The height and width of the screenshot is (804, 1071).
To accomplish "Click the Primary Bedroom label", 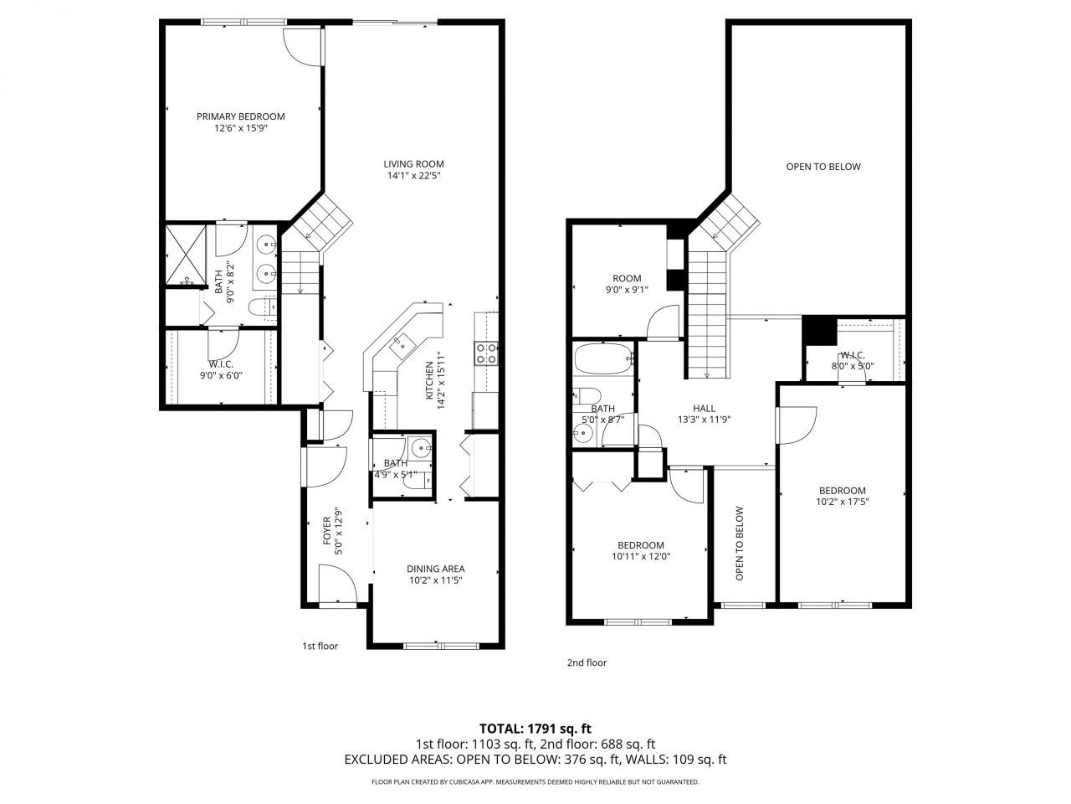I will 240,116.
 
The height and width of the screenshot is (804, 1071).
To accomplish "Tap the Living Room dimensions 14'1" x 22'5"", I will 413,176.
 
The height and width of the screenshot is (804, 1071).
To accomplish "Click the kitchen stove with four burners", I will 486,353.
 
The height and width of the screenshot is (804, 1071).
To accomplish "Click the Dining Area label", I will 436,569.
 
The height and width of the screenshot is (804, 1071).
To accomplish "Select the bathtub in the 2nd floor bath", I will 602,361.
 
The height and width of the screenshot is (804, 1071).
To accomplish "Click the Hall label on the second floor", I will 704,408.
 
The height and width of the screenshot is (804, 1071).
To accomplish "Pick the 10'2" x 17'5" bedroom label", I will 842,491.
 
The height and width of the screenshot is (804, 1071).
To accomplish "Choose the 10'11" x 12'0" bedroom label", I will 641,545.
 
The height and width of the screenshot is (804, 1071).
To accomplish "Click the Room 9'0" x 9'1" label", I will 627,279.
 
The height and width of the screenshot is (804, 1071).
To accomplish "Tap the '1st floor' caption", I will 320,646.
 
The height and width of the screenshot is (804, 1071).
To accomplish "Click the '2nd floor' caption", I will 587,662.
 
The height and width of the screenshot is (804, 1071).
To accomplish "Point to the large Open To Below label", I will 822,167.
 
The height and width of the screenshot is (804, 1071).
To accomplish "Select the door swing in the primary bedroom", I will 301,46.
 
